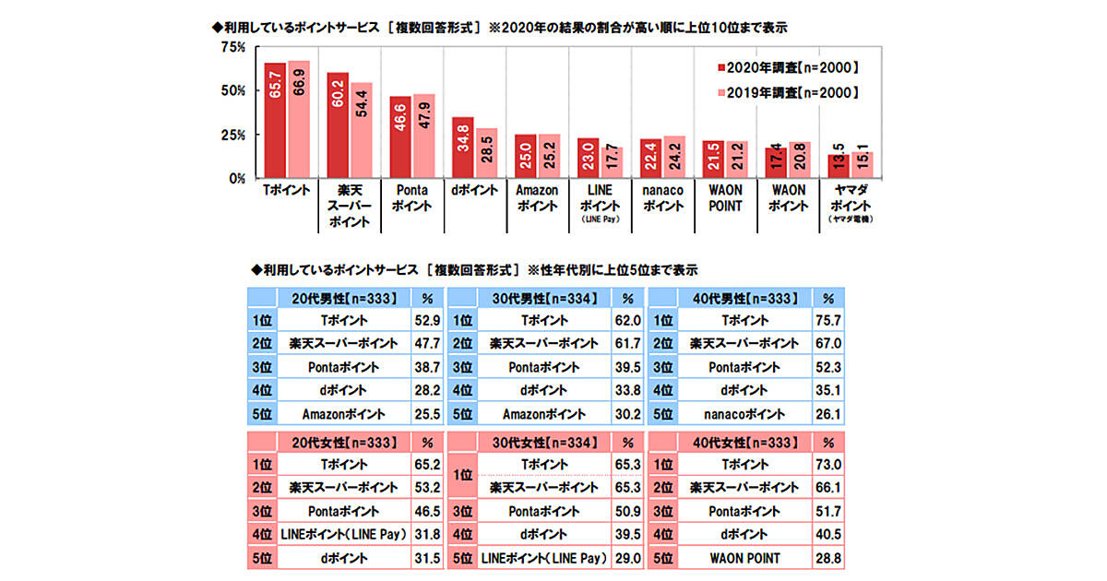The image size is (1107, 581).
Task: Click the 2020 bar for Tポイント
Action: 275,120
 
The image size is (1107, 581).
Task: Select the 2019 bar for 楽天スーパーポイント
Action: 361,130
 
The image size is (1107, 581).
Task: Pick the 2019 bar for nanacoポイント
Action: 673,157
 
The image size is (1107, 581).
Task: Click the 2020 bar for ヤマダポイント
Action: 836,166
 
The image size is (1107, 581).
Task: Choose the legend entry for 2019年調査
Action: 789,92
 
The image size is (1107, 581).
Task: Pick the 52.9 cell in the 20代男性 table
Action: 426,321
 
